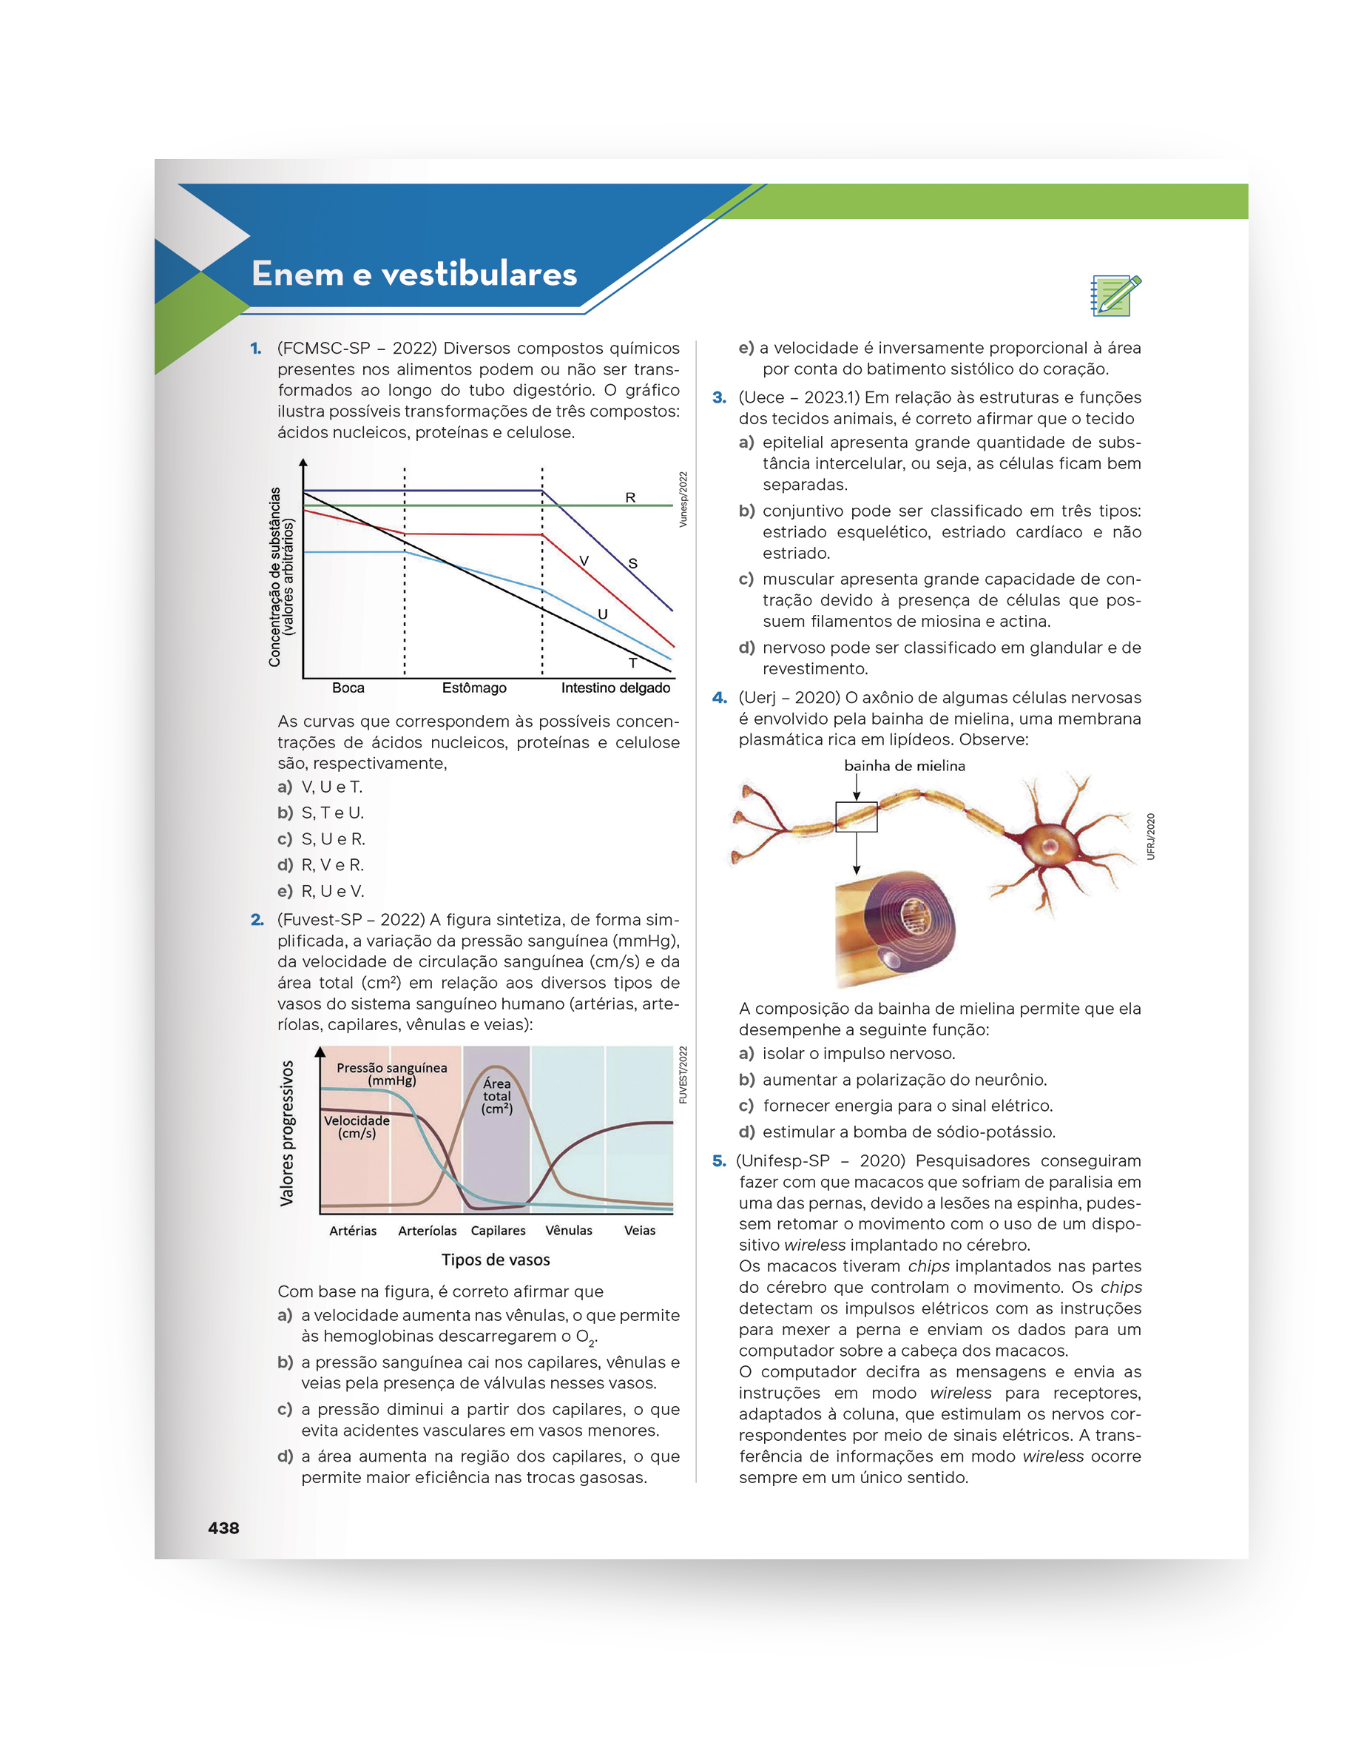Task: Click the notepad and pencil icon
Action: (1115, 295)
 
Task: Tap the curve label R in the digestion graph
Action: (630, 498)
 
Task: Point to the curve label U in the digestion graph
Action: (602, 614)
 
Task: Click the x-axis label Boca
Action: (348, 688)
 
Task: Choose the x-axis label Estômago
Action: (473, 688)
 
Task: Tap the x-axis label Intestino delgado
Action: (615, 688)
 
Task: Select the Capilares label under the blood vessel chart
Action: (498, 1230)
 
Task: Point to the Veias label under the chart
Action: (639, 1230)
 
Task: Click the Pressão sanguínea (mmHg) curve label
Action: (392, 1074)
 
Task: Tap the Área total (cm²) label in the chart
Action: (497, 1096)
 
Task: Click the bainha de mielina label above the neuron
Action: (904, 766)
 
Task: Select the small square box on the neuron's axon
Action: (856, 817)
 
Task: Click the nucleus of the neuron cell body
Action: (1051, 846)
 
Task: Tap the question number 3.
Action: (719, 398)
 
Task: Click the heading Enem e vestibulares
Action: (413, 274)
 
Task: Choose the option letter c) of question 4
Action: (746, 1106)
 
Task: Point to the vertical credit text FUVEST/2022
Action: (683, 1075)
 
